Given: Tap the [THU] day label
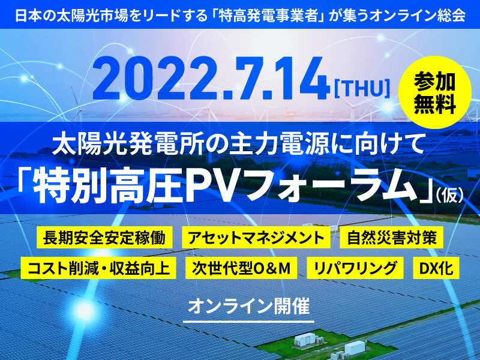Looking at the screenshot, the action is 362,89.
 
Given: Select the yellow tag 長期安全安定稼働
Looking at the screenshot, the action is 104,237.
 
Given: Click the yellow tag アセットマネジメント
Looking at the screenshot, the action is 256,237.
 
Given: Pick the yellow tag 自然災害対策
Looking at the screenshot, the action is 392,237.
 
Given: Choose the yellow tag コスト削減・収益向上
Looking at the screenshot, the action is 98,268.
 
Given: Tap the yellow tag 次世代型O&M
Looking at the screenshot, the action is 241,268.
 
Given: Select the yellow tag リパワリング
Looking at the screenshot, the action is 355,268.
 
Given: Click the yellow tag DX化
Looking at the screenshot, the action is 436,268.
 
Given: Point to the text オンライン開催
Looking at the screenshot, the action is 248,307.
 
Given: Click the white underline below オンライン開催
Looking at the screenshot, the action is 248,322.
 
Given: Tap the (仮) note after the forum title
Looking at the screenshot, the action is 449,196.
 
